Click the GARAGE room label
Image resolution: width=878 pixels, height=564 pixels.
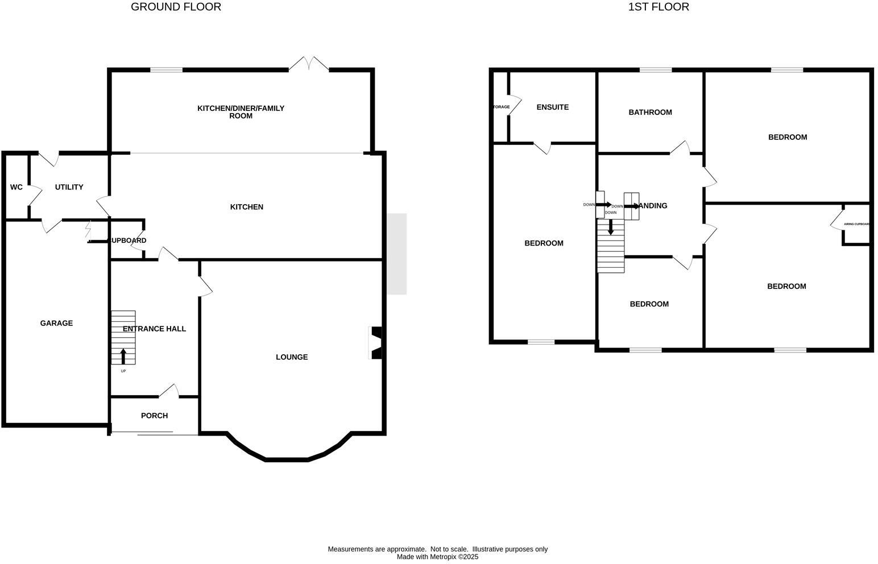(x=56, y=324)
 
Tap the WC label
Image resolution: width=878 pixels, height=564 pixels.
(x=16, y=187)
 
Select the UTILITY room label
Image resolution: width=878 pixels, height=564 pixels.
(x=69, y=187)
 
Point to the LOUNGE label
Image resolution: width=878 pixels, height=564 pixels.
(x=292, y=357)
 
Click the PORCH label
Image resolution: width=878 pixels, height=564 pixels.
(x=154, y=416)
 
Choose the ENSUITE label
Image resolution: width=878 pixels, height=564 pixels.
(x=552, y=107)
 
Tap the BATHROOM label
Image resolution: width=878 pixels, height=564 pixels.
(x=650, y=113)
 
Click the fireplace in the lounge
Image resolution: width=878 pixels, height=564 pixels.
(x=376, y=343)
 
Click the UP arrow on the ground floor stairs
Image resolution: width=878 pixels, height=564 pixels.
(x=123, y=356)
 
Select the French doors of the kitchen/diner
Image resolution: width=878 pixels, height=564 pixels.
(x=309, y=64)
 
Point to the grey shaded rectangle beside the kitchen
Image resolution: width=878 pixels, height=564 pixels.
(x=397, y=254)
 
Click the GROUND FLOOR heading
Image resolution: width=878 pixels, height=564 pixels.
(x=176, y=7)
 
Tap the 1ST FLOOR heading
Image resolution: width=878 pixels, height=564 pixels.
(x=658, y=7)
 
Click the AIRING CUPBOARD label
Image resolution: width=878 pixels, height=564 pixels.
(x=856, y=224)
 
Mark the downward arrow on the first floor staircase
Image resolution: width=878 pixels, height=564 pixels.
(x=611, y=227)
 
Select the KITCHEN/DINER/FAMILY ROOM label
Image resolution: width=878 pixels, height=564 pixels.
(x=241, y=112)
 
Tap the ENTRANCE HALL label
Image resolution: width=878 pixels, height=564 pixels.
(x=154, y=329)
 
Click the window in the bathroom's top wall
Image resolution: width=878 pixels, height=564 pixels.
(x=655, y=70)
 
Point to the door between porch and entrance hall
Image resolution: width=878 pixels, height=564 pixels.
(x=169, y=391)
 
